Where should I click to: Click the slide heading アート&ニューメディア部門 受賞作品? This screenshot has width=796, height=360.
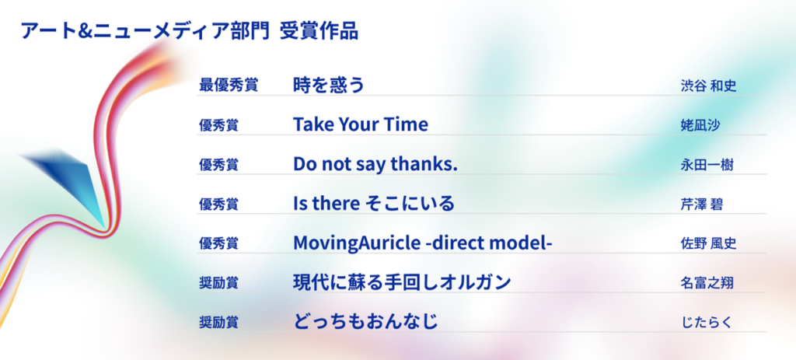tap(190, 31)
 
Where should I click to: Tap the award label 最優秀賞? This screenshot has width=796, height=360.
tap(229, 85)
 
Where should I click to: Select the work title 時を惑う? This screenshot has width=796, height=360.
tap(329, 84)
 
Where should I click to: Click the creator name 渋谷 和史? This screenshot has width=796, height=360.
tap(708, 86)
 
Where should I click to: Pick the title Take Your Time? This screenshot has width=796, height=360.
tap(361, 124)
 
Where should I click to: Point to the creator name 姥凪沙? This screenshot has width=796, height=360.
tap(700, 125)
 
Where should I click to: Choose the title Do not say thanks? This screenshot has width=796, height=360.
tap(375, 163)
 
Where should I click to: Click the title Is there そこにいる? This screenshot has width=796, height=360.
tap(374, 204)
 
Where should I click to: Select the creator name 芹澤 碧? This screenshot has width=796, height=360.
tap(702, 204)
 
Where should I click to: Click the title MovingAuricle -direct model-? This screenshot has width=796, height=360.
tap(422, 243)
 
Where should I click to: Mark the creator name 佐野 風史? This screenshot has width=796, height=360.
tap(708, 243)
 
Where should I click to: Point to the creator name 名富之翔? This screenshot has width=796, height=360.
tap(707, 283)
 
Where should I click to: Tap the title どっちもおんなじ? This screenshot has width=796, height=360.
tap(365, 321)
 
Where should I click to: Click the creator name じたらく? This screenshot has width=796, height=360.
tap(706, 323)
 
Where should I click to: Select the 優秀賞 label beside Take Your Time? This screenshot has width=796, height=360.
tap(218, 125)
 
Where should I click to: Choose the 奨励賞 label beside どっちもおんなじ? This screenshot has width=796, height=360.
tap(218, 323)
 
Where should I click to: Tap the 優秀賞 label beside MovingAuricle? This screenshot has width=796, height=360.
tap(218, 243)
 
